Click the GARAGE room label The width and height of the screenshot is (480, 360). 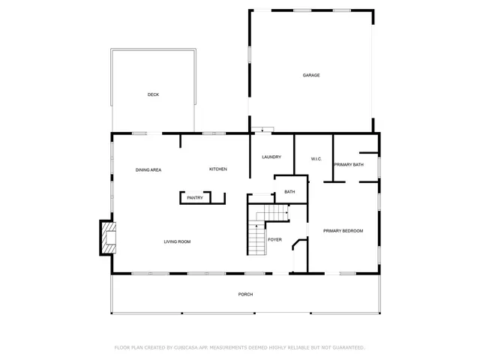point(311,76)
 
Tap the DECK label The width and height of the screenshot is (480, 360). point(153,94)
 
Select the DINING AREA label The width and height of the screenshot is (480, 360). point(148,170)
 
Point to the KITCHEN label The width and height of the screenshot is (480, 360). point(218,169)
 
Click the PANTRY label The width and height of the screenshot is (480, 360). point(195,198)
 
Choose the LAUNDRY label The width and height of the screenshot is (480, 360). point(271,157)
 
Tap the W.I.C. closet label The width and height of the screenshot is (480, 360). point(316,159)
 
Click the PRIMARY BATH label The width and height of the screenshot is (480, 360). point(349,164)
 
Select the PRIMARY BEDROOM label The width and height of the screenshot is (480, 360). point(343,231)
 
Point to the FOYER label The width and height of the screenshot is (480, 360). point(275,240)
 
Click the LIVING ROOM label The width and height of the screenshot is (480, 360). point(178,241)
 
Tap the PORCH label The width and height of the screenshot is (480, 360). point(245,294)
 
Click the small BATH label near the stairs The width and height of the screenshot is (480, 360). point(289,192)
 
